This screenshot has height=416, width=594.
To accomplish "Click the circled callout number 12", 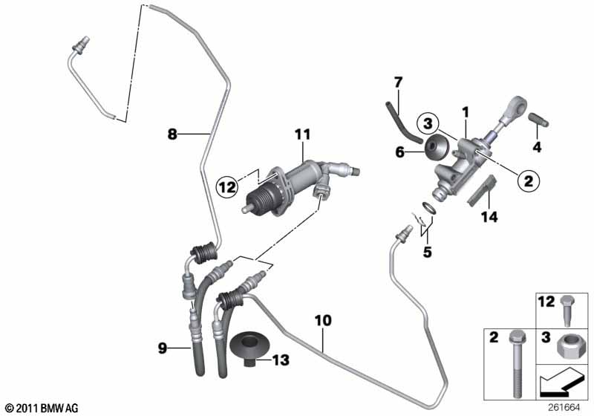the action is (x=228, y=186).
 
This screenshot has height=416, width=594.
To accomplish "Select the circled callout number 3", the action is (x=428, y=123).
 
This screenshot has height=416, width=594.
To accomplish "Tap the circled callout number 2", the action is (x=528, y=181).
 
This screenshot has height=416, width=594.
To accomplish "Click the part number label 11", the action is (x=303, y=135).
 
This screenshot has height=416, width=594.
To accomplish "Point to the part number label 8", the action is (x=172, y=134).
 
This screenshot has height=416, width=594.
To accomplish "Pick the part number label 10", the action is (x=323, y=320).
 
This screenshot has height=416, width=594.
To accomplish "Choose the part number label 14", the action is (x=489, y=217).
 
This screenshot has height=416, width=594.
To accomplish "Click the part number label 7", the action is (x=398, y=82).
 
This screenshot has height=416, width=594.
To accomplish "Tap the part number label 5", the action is (x=428, y=252).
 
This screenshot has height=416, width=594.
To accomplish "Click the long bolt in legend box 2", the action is (x=515, y=364).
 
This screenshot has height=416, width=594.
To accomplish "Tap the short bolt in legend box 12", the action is (x=567, y=311).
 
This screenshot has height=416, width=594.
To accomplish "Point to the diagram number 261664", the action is (x=563, y=408).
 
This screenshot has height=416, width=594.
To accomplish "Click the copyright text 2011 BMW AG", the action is (x=42, y=409).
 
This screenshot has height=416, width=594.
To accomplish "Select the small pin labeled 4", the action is (x=538, y=120).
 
